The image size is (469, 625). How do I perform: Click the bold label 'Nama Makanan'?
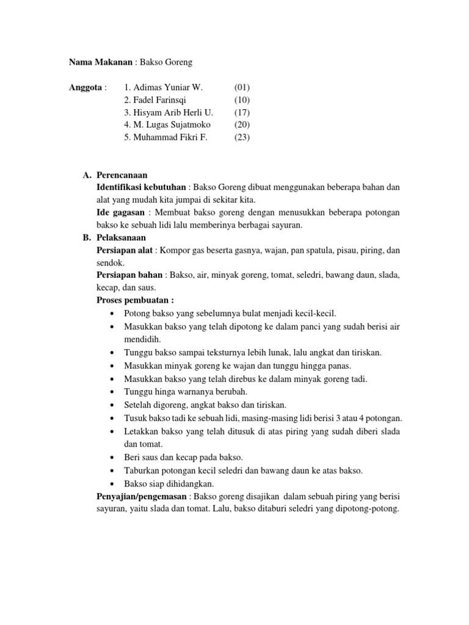point(100,63)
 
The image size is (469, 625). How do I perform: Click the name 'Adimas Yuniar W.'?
point(163,88)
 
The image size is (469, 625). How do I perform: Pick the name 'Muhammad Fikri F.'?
point(165,137)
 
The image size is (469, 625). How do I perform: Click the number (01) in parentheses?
point(242,88)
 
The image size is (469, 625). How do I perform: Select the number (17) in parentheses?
point(242,113)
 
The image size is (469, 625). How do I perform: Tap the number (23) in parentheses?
point(242,137)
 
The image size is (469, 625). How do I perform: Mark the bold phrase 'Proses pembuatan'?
point(134,300)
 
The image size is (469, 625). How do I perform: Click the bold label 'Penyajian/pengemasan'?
point(142,496)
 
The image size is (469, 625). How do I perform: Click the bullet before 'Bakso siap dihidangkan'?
point(114,483)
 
